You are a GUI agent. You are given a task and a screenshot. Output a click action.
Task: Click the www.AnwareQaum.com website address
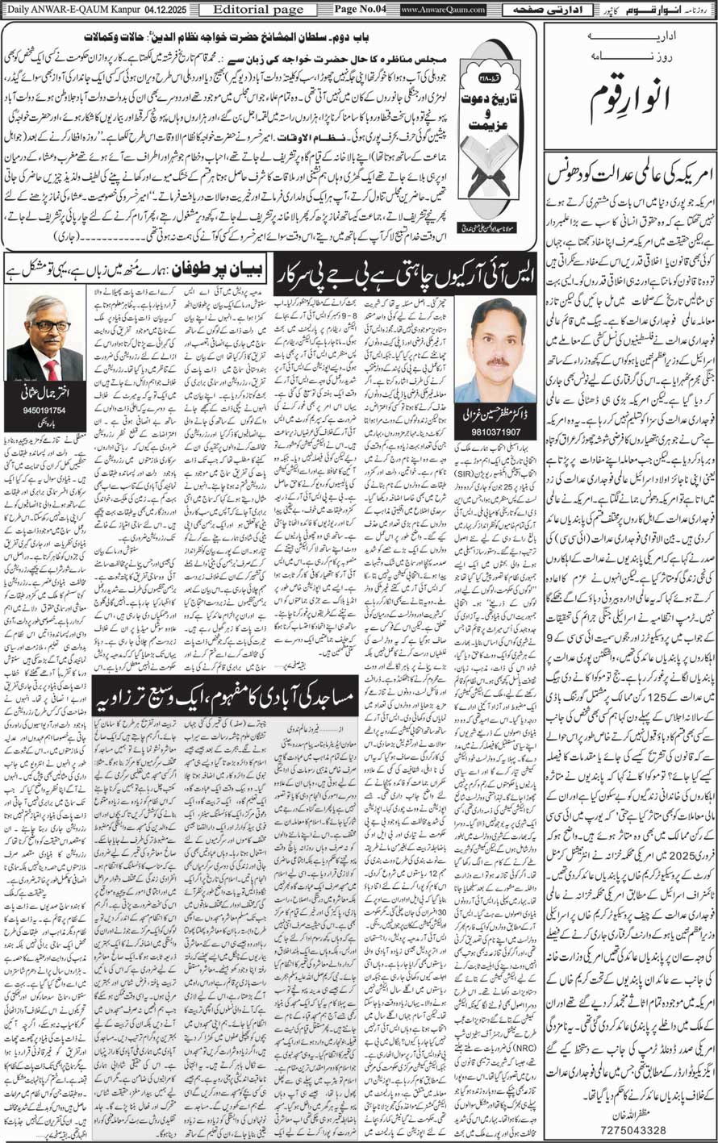pyautogui.click(x=443, y=10)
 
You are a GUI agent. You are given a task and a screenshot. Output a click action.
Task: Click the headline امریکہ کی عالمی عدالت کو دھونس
pyautogui.click(x=628, y=175)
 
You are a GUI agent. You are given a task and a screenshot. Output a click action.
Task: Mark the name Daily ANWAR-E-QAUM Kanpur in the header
pyautogui.click(x=61, y=9)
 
